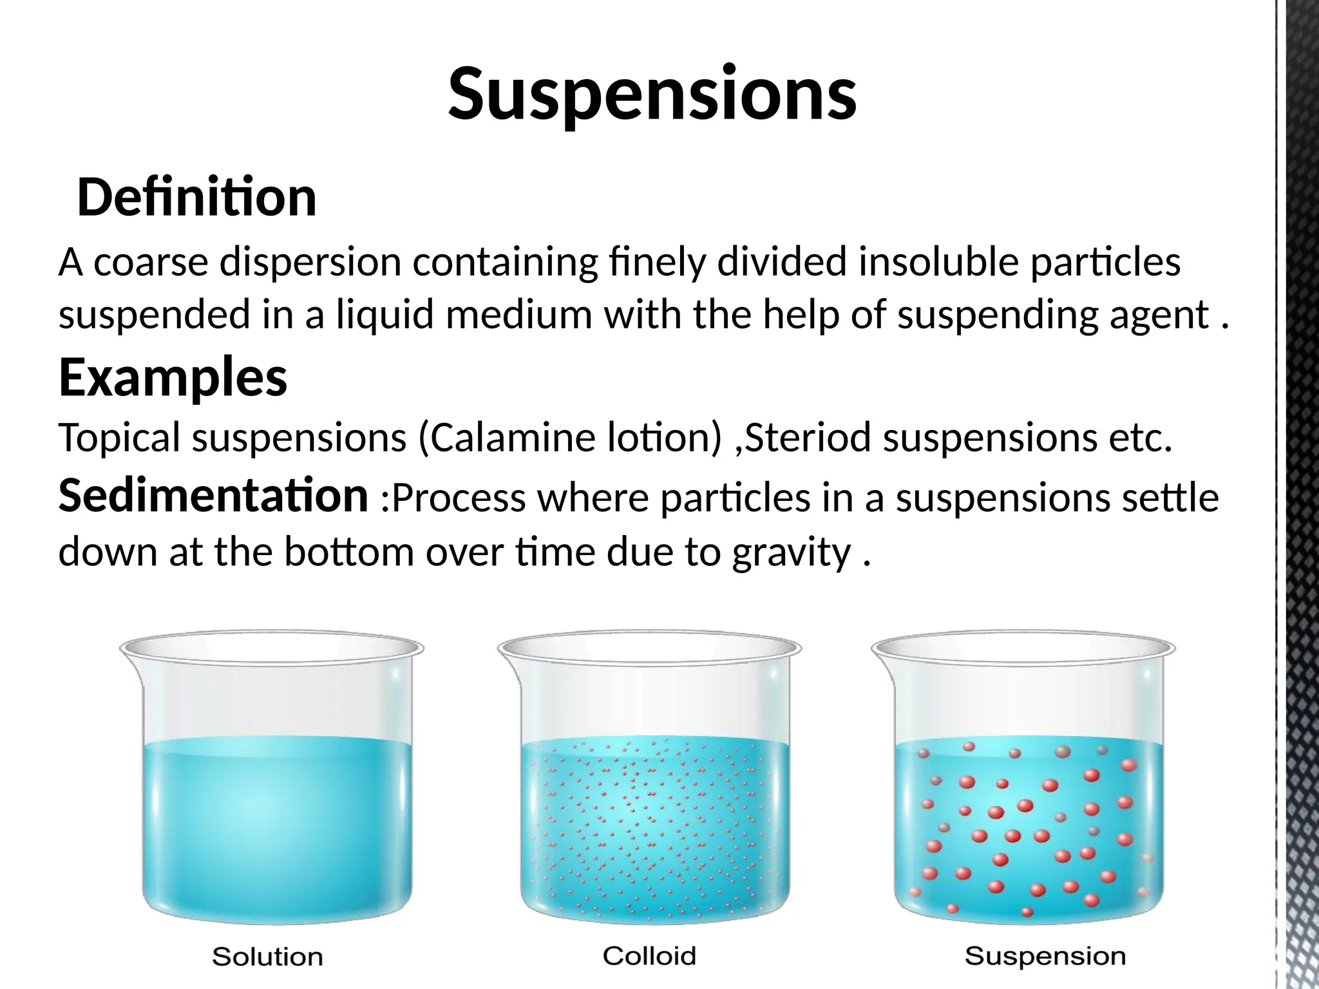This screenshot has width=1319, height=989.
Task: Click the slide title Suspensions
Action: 652,95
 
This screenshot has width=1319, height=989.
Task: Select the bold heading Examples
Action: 173,379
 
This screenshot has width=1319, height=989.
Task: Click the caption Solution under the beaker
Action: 267,957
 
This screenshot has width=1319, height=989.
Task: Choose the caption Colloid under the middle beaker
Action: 649,956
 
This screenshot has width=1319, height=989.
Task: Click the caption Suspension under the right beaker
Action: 1045,956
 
